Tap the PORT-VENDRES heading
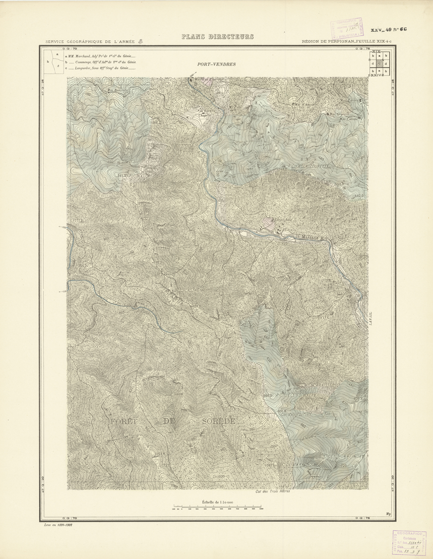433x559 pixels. pos(217,64)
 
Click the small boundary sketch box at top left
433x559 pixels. pos(54,62)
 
